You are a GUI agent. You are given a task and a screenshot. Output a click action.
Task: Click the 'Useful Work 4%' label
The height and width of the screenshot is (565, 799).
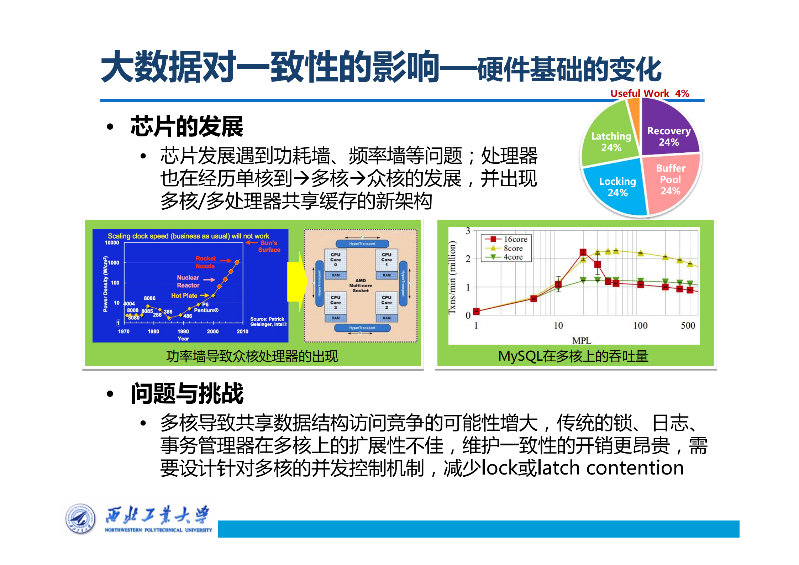pyautogui.click(x=650, y=93)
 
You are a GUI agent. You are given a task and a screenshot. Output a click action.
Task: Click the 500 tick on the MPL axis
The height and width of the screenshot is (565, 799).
pyautogui.click(x=688, y=325)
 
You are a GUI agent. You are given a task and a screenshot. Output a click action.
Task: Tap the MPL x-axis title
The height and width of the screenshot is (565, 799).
pyautogui.click(x=582, y=340)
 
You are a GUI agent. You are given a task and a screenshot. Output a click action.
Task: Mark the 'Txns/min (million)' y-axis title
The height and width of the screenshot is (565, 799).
pyautogui.click(x=452, y=278)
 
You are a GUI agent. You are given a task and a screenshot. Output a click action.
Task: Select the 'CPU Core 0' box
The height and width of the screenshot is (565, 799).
pyautogui.click(x=336, y=260)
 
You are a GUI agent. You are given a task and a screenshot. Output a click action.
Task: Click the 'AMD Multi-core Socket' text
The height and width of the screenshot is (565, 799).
pyautogui.click(x=361, y=286)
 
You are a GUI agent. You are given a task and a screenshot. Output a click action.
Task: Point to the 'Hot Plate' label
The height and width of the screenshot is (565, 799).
pyautogui.click(x=184, y=295)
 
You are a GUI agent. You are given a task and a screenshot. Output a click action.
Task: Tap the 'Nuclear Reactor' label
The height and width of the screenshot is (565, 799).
pyautogui.click(x=188, y=281)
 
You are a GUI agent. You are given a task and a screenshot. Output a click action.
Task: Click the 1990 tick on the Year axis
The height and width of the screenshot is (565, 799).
pyautogui.click(x=183, y=331)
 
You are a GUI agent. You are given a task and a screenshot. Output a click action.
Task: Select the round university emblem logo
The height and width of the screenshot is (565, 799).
pyautogui.click(x=80, y=519)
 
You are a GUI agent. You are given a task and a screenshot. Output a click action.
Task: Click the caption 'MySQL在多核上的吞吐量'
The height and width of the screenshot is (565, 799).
pyautogui.click(x=573, y=356)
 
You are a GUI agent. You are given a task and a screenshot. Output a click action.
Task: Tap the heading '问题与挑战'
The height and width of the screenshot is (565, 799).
pyautogui.click(x=187, y=393)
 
